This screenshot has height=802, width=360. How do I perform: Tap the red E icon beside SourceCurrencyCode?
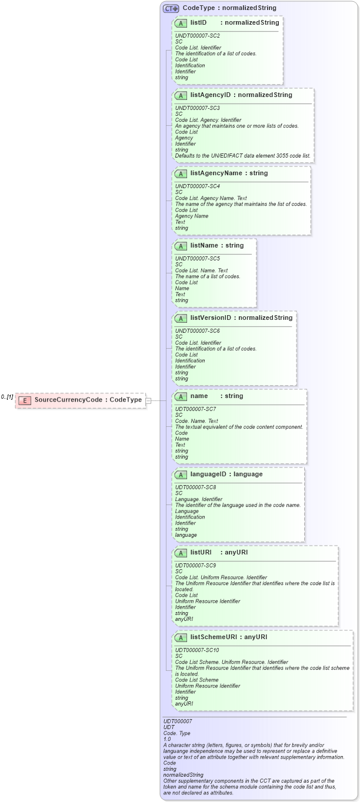pyautogui.click(x=25, y=400)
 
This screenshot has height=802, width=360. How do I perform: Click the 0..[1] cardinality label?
pyautogui.click(x=7, y=397)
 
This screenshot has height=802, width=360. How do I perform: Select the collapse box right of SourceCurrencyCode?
pyautogui.click(x=149, y=400)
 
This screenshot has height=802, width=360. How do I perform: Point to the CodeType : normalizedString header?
pyautogui.click(x=229, y=8)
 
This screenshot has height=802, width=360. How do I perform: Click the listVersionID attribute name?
pyautogui.click(x=211, y=318)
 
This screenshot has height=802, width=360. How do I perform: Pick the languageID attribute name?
pyautogui.click(x=209, y=474)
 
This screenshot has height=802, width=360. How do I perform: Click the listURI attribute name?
pyautogui.click(x=201, y=552)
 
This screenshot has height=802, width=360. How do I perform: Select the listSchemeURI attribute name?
pyautogui.click(x=214, y=637)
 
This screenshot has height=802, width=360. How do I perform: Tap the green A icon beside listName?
pyautogui.click(x=181, y=246)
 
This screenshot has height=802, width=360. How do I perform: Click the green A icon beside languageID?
pyautogui.click(x=181, y=474)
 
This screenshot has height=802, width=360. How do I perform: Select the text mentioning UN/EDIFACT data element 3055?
pyautogui.click(x=243, y=156)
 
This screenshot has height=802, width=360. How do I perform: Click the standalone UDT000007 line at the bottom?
pyautogui.click(x=178, y=721)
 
